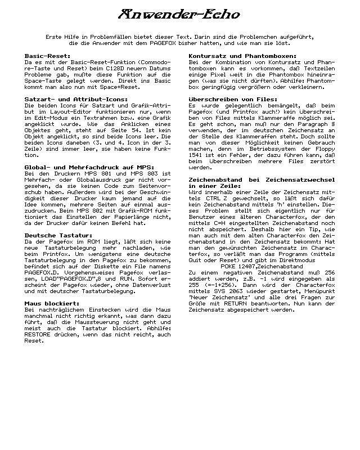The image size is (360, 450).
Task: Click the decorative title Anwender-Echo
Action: point(180,14)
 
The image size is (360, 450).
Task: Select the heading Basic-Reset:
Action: point(48,56)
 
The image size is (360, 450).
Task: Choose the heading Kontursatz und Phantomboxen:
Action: point(242,56)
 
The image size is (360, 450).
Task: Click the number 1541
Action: point(197,155)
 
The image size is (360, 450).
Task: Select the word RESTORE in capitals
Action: point(38,334)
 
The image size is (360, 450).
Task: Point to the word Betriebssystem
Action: point(263,148)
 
